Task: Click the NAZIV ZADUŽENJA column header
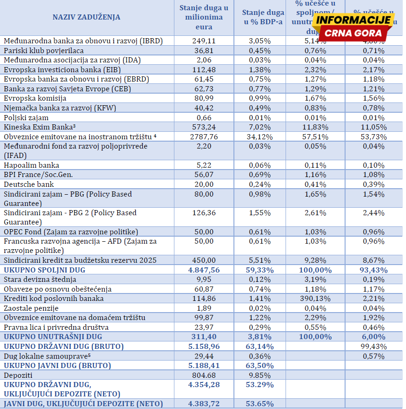(86, 17)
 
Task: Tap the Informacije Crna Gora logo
(353, 27)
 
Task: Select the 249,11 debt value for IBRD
(204, 41)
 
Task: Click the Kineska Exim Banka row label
(40, 127)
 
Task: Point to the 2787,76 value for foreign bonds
(204, 136)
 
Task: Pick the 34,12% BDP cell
(260, 136)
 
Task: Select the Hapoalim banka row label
(31, 165)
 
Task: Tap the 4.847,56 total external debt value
(204, 270)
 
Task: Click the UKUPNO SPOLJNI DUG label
(45, 270)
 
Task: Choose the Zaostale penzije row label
(30, 308)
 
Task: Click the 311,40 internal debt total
(204, 336)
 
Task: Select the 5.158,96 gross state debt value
(204, 346)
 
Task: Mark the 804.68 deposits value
(204, 375)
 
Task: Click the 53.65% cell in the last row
(260, 404)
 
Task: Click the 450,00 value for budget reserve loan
(204, 260)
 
